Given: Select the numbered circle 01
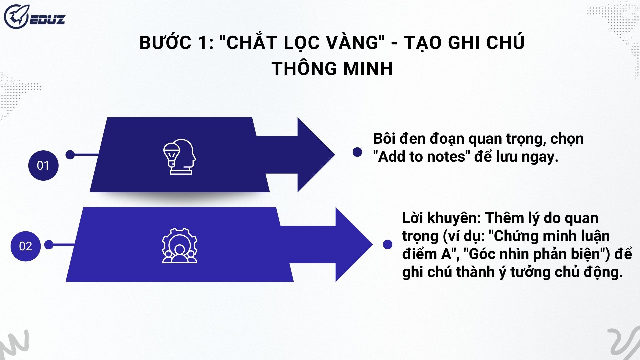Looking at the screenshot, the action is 43,166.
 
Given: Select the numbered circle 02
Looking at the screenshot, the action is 26,246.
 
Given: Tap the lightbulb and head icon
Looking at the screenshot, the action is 179,157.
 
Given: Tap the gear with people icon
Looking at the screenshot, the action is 180,246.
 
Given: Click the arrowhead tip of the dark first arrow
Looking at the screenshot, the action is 334,155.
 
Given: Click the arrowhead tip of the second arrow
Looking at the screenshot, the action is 372,245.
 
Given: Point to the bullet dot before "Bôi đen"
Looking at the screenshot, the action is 357,152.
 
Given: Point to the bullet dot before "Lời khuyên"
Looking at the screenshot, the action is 388,245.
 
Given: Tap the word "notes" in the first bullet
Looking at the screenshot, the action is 446,157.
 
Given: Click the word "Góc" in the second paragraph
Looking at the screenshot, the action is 478,254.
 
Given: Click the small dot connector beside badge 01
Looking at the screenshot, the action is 70,155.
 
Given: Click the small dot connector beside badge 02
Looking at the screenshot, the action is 49,245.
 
